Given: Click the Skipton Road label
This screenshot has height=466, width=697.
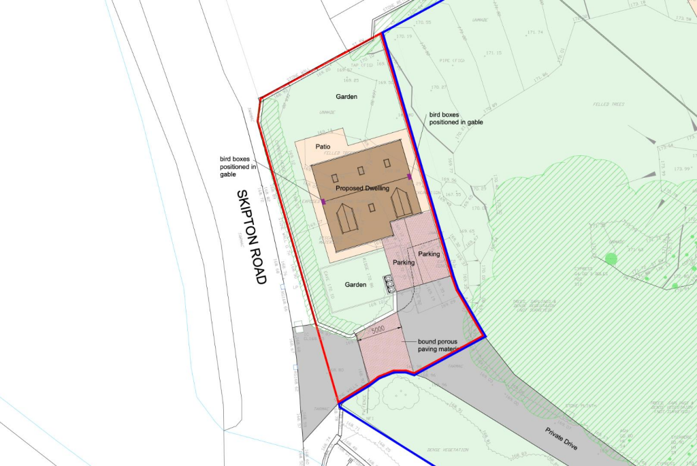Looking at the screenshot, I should pyautogui.click(x=250, y=237).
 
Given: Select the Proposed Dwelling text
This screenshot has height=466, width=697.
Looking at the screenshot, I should pyautogui.click(x=361, y=187).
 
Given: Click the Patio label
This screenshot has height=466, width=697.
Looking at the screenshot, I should pyautogui.click(x=323, y=146).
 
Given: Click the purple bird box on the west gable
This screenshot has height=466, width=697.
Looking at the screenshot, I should pyautogui.click(x=324, y=202).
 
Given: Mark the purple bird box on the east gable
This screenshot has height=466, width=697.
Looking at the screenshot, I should pyautogui.click(x=410, y=177).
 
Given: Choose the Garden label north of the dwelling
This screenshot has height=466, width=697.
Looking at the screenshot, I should pyautogui.click(x=346, y=97).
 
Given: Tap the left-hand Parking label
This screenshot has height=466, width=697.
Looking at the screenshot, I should pyautogui.click(x=404, y=262).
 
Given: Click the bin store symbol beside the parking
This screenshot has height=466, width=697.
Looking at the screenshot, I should pyautogui.click(x=389, y=283).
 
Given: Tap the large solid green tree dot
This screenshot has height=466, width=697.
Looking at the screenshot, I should pyautogui.click(x=611, y=258).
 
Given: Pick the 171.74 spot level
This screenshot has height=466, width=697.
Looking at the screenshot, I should pyautogui.click(x=534, y=32).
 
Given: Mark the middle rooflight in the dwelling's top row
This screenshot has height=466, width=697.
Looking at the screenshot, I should pyautogui.click(x=361, y=170).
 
